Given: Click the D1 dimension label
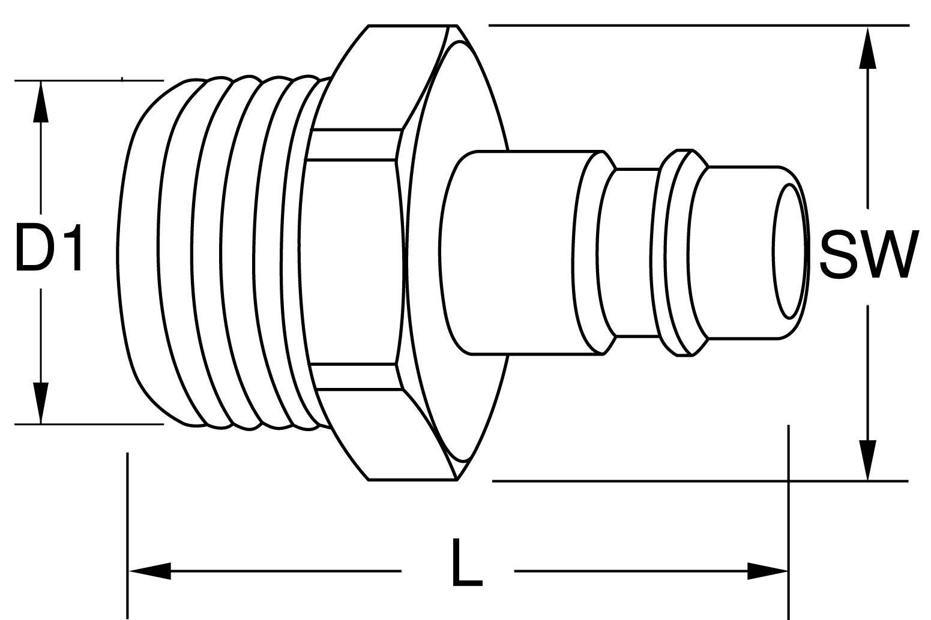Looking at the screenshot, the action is pyautogui.click(x=48, y=248).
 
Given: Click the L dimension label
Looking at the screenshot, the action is pyautogui.click(x=467, y=562).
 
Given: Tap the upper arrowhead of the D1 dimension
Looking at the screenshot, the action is pyautogui.click(x=40, y=102).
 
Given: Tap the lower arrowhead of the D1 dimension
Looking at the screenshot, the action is pyautogui.click(x=40, y=403).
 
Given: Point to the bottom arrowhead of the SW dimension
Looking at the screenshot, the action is pyautogui.click(x=867, y=460).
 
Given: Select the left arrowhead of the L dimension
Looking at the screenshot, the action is pyautogui.click(x=149, y=571).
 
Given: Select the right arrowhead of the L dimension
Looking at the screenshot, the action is pyautogui.click(x=768, y=571).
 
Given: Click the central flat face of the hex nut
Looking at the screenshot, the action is pyautogui.click(x=354, y=261).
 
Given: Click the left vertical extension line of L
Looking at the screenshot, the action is pyautogui.click(x=128, y=535).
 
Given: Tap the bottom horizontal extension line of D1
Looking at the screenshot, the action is pyautogui.click(x=89, y=424).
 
